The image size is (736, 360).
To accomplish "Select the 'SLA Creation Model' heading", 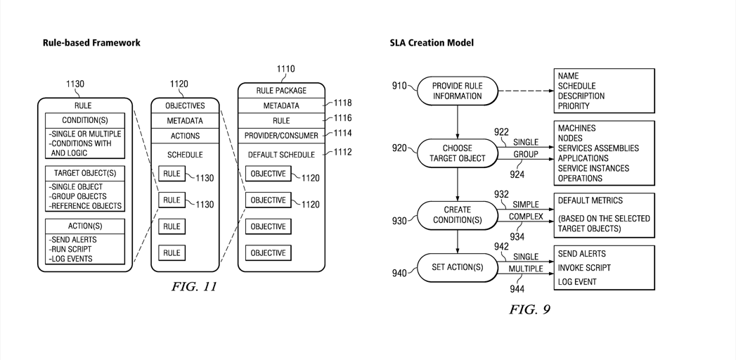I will click(x=432, y=43).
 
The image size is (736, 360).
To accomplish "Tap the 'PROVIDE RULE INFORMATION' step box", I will click(x=458, y=91).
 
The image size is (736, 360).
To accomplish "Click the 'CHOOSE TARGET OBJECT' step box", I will click(x=458, y=153).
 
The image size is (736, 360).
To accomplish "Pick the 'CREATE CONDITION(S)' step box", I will click(x=458, y=214).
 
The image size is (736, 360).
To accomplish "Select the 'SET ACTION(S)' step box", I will click(x=458, y=267).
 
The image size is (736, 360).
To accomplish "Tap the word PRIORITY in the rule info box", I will click(x=574, y=106).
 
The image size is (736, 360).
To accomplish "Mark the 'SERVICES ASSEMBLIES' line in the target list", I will click(x=598, y=148).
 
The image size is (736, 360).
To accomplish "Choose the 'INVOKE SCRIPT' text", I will click(x=584, y=268).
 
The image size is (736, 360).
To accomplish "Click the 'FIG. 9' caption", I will click(x=529, y=309).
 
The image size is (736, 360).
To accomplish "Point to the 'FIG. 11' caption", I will click(x=194, y=287).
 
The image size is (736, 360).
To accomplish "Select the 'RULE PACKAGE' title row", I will click(x=281, y=91).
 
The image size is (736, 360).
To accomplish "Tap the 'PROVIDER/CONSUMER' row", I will click(x=281, y=135).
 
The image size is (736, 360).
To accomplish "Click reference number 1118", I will click(x=343, y=103).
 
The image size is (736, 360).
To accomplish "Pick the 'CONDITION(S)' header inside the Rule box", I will click(x=84, y=120).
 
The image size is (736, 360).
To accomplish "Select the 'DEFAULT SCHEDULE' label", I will click(x=281, y=155).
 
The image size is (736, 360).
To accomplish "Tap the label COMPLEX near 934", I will click(x=526, y=217).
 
